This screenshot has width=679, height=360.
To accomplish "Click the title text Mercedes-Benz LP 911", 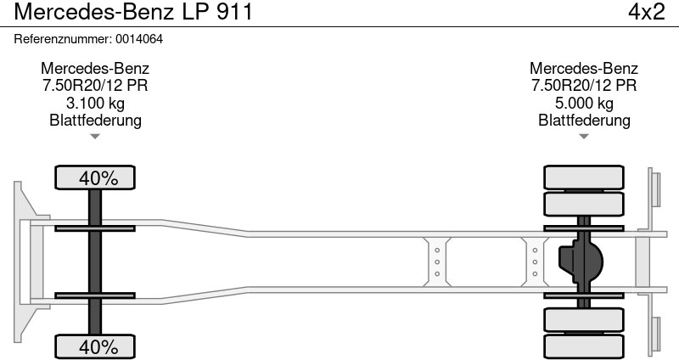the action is (133, 12).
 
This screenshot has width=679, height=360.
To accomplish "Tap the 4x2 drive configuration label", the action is (647, 12).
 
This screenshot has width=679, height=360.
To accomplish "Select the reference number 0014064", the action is (139, 39).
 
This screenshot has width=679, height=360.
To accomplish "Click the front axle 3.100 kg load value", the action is (95, 103).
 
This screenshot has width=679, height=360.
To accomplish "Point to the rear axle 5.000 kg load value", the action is (584, 103).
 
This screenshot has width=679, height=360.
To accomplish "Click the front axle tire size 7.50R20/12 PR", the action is (95, 86).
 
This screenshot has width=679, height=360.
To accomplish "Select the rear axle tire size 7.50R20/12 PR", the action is (584, 86).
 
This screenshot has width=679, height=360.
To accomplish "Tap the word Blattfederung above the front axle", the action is (95, 120).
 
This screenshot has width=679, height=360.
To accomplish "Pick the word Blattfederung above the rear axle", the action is (584, 120).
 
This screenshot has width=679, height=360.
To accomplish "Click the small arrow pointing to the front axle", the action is (95, 137).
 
